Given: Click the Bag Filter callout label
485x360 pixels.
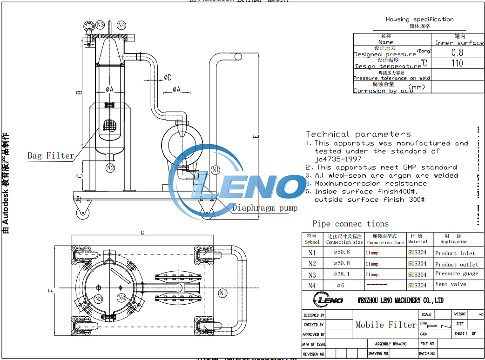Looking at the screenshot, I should [51, 156].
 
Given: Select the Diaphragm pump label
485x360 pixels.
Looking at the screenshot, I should [264, 208].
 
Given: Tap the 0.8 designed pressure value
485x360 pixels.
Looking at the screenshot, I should [457, 53].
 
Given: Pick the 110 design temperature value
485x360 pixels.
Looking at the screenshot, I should [457, 63].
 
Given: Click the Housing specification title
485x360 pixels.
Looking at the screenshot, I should [419, 20].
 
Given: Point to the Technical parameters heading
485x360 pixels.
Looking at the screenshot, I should [358, 134].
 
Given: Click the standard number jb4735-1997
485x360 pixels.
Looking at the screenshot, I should [338, 159].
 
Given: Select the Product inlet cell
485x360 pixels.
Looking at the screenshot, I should [455, 253].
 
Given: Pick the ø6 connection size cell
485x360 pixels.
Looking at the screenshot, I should [341, 285].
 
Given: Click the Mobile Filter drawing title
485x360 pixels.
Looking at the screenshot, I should [386, 325].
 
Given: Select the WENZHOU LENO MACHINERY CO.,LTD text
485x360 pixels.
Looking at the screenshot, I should [400, 300].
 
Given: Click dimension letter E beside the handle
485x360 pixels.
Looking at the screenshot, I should [255, 136].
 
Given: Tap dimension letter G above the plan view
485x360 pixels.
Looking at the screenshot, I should [142, 233].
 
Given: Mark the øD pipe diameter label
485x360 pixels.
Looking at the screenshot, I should [168, 77].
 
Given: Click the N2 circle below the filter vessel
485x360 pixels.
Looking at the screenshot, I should [110, 167].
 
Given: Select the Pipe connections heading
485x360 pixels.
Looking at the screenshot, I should [350, 224].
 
